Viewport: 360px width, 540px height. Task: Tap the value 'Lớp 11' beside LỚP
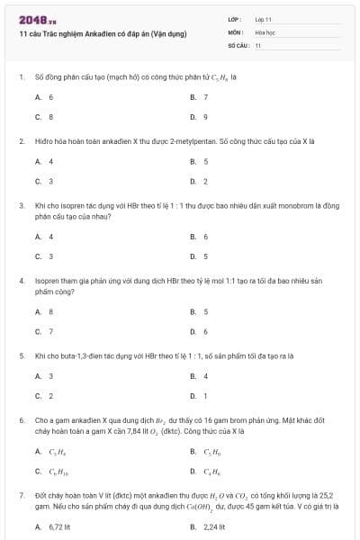(264, 18)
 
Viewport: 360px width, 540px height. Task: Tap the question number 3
(21, 205)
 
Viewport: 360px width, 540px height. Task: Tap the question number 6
(21, 419)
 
